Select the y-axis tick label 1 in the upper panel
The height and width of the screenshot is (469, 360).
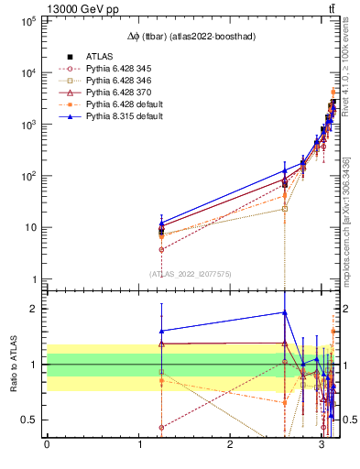[33, 279]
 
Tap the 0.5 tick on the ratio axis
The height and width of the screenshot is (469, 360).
[29, 420]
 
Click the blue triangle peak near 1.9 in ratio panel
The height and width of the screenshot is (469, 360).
[285, 312]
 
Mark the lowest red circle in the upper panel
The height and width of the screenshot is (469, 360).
[162, 249]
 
